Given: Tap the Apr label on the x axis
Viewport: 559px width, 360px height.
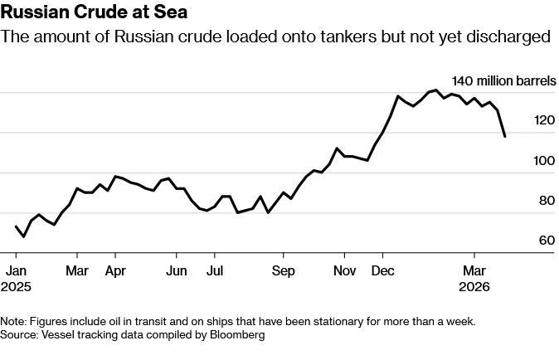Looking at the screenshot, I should tap(115, 270).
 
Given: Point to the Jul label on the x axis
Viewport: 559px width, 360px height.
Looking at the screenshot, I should tap(215, 270).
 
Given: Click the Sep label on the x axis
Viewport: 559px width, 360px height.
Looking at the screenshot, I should tap(284, 270).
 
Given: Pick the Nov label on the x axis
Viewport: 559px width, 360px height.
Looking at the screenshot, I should tap(344, 270).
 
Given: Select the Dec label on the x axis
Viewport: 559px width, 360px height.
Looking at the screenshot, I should tap(383, 270).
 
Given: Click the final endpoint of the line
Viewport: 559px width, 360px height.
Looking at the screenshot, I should tap(505, 136).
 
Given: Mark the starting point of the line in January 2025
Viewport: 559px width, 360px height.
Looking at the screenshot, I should tap(16, 226).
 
